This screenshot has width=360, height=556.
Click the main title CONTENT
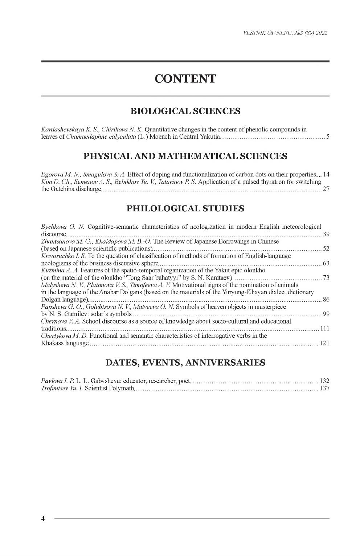185,78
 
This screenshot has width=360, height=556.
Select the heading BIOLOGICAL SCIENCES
185,111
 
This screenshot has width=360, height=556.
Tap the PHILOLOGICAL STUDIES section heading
185,208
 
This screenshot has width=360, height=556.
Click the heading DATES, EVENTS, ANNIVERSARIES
185,362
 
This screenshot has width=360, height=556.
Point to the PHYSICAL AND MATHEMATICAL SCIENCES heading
185,156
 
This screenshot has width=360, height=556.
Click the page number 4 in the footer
43,518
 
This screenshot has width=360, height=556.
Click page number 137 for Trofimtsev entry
324,389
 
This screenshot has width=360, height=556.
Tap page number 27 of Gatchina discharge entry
326,189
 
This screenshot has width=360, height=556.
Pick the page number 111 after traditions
325,329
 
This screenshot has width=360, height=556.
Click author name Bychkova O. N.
63,227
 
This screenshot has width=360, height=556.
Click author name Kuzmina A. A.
60,271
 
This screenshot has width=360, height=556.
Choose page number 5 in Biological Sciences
328,137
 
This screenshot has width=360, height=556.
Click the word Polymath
123,389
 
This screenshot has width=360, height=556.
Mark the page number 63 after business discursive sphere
326,263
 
